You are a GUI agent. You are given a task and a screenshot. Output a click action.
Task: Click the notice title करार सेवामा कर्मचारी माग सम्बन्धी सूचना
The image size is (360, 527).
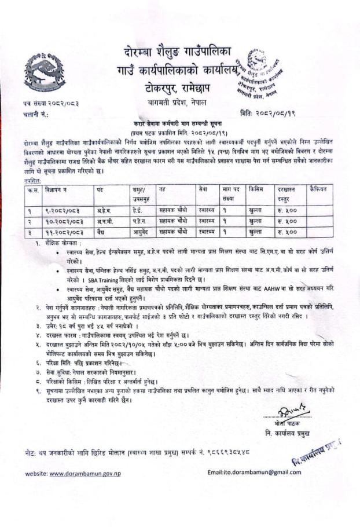(x=177, y=125)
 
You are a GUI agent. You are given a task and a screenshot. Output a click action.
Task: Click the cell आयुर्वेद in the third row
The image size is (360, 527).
(x=142, y=230)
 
